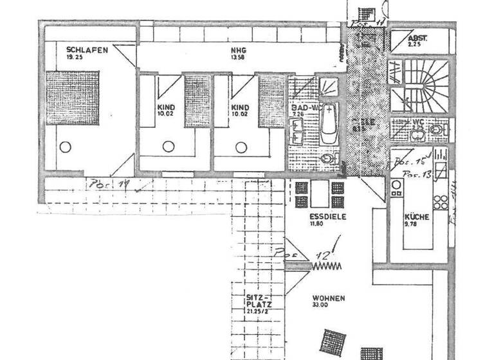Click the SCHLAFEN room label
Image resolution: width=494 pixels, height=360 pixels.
[x=86, y=49]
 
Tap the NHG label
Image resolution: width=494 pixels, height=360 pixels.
[x=239, y=50]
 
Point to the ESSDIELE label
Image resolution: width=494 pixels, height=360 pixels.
[x=327, y=217]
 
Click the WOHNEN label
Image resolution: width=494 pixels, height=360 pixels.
[x=329, y=298]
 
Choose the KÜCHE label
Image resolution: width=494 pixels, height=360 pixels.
[x=416, y=217]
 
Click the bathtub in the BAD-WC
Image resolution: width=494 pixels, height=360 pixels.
[x=329, y=124]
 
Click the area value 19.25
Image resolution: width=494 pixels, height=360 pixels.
[x=76, y=57]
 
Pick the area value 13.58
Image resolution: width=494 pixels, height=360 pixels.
[x=239, y=57]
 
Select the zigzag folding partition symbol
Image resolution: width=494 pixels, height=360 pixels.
[x=327, y=264]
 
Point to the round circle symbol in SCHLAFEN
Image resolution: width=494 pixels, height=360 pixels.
[x=65, y=147]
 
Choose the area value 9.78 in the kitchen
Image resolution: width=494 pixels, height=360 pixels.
[x=412, y=225]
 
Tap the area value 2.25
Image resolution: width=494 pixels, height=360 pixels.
[x=415, y=45]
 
